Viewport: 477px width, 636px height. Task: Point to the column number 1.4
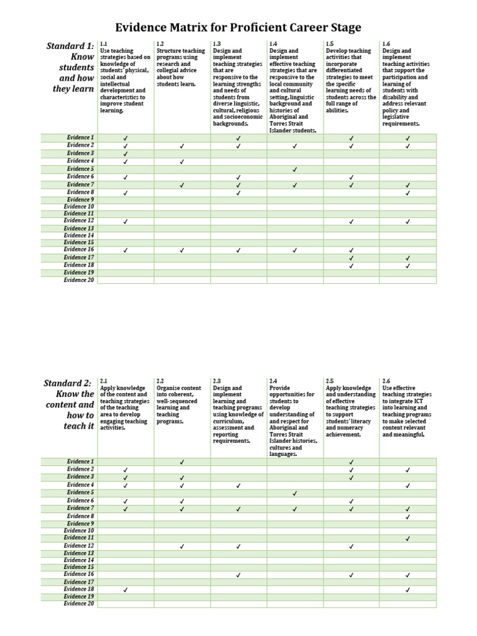coord(273,44)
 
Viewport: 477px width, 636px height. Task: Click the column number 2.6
coord(387,380)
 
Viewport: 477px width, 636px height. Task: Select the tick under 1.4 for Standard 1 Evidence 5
coord(294,169)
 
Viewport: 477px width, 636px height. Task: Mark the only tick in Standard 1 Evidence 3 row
coord(125,153)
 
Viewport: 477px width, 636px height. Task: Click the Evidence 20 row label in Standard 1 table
coord(79,280)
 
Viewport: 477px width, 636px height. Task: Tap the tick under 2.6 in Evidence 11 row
coord(408,538)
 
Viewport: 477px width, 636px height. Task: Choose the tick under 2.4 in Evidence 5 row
coord(294,493)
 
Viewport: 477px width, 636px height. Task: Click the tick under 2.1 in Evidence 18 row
coord(125,589)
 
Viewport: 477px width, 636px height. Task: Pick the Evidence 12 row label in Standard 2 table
coord(80,546)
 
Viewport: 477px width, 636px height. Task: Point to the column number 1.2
coord(160,44)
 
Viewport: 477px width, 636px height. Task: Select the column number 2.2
coord(160,380)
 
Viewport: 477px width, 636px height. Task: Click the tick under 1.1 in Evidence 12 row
coord(125,221)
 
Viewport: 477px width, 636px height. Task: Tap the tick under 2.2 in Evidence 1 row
coord(181,462)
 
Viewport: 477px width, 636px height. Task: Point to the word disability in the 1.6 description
coord(397,97)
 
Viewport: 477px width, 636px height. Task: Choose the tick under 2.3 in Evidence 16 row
coord(238,575)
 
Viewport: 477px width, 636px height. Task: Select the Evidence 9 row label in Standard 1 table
coord(80,199)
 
